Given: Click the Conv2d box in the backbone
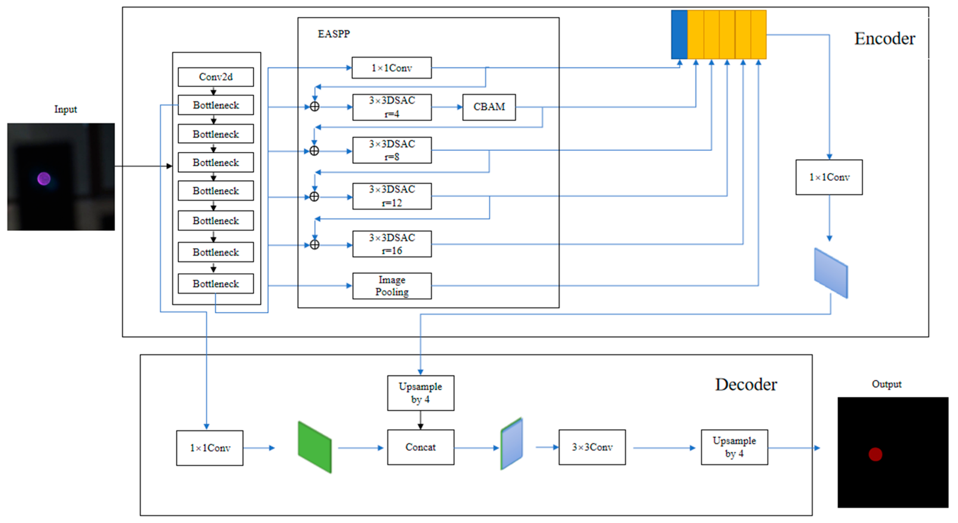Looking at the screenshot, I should pos(216,77).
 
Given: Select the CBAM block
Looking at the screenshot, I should pos(489,107).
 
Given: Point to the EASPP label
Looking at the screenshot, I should pos(334,34).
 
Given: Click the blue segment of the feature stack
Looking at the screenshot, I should pos(679,35).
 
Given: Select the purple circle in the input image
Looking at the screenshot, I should pos(44,179).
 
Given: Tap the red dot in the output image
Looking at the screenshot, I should pos(875,454).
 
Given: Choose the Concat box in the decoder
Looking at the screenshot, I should pos(420,447).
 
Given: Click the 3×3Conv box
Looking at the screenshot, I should pos(592,447).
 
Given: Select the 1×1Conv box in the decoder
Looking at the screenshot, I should pos(210,448).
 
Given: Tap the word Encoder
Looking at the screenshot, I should pos(884,39).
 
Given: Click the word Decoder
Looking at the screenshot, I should pos(746,384).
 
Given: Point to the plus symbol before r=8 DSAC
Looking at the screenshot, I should pos(314,151).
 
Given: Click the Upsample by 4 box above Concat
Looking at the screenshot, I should pos(420,393).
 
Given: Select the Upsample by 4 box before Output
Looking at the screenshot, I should pos(734,447).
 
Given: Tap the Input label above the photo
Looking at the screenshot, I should pos(65,109).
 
